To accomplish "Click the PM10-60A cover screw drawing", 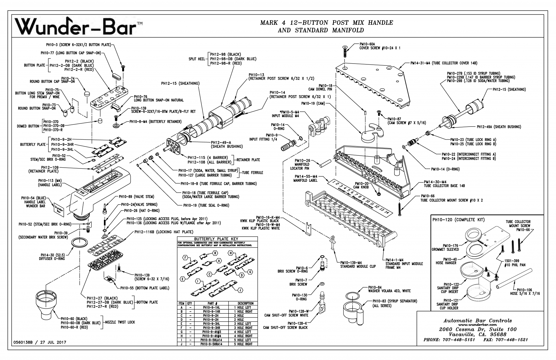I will [x=345, y=52].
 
